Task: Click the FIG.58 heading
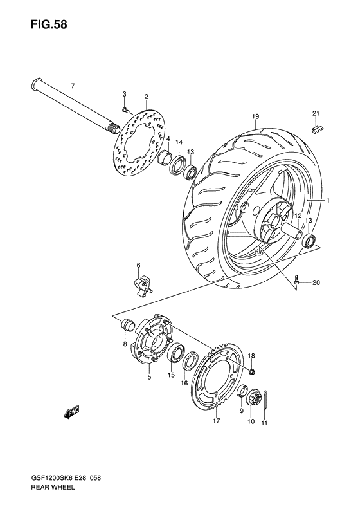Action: (49, 24)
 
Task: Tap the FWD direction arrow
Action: (71, 412)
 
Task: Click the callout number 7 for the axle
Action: (73, 86)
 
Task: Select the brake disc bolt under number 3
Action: (125, 109)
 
